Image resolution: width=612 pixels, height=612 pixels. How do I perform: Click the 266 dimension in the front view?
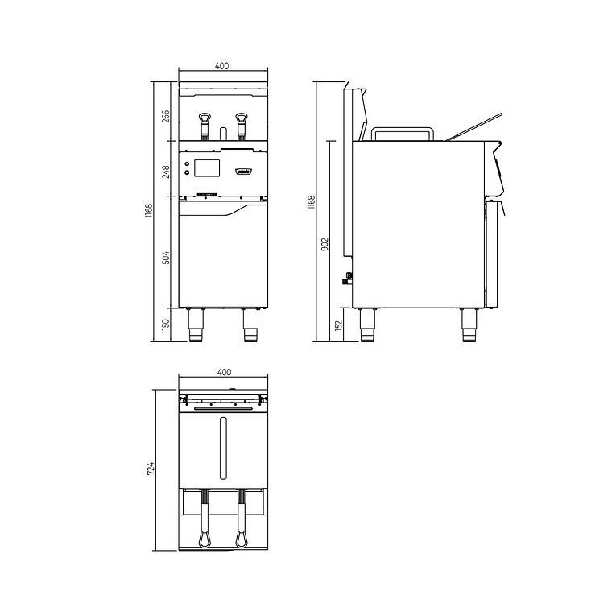pyautogui.click(x=166, y=117)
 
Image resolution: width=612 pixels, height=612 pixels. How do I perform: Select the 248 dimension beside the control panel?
pyautogui.click(x=166, y=171)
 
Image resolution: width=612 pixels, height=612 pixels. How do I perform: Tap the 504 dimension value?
pyautogui.click(x=166, y=258)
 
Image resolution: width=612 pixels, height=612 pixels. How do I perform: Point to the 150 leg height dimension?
pyautogui.click(x=166, y=325)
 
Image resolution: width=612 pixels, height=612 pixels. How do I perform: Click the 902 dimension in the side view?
pyautogui.click(x=325, y=245)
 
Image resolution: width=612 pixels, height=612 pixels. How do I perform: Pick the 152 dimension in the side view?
pyautogui.click(x=339, y=325)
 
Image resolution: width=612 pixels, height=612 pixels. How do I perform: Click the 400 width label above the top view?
pyautogui.click(x=224, y=372)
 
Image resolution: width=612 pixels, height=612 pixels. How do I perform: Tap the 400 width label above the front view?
pyautogui.click(x=222, y=66)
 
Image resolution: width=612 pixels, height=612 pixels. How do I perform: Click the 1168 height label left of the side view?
pyautogui.click(x=312, y=205)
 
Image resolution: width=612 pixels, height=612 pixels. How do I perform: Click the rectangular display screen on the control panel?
pyautogui.click(x=207, y=168)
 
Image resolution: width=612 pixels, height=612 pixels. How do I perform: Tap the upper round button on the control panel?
pyautogui.click(x=188, y=164)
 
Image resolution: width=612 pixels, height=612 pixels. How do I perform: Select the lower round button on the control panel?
pyautogui.click(x=188, y=172)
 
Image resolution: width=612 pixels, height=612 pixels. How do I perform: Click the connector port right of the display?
pyautogui.click(x=243, y=171)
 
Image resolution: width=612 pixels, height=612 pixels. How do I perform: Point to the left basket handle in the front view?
pyautogui.click(x=205, y=122)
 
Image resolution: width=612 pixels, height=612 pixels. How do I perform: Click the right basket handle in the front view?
pyautogui.click(x=241, y=122)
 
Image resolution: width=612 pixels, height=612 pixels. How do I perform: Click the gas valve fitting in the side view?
pyautogui.click(x=348, y=278)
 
